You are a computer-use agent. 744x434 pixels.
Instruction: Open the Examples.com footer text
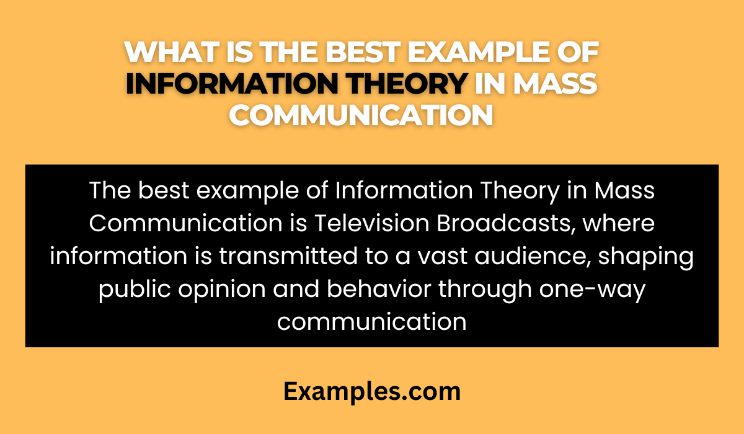pyautogui.click(x=372, y=392)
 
